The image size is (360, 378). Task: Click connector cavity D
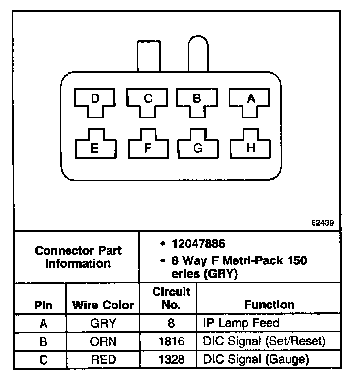[x=96, y=100]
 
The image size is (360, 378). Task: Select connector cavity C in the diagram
[x=148, y=100]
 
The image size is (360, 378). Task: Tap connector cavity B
[x=197, y=100]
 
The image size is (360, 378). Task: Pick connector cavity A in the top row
[x=251, y=100]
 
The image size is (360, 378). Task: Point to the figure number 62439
[x=322, y=222]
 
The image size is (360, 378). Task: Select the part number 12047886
[x=198, y=243]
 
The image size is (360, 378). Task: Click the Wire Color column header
[x=103, y=305]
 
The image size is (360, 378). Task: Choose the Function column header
[x=270, y=305]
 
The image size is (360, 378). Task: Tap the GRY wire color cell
[x=103, y=323]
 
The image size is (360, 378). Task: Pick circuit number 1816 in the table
[x=172, y=341]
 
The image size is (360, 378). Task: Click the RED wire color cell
[x=103, y=360]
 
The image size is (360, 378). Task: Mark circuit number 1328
[x=172, y=360]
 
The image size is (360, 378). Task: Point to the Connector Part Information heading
[x=78, y=257]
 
